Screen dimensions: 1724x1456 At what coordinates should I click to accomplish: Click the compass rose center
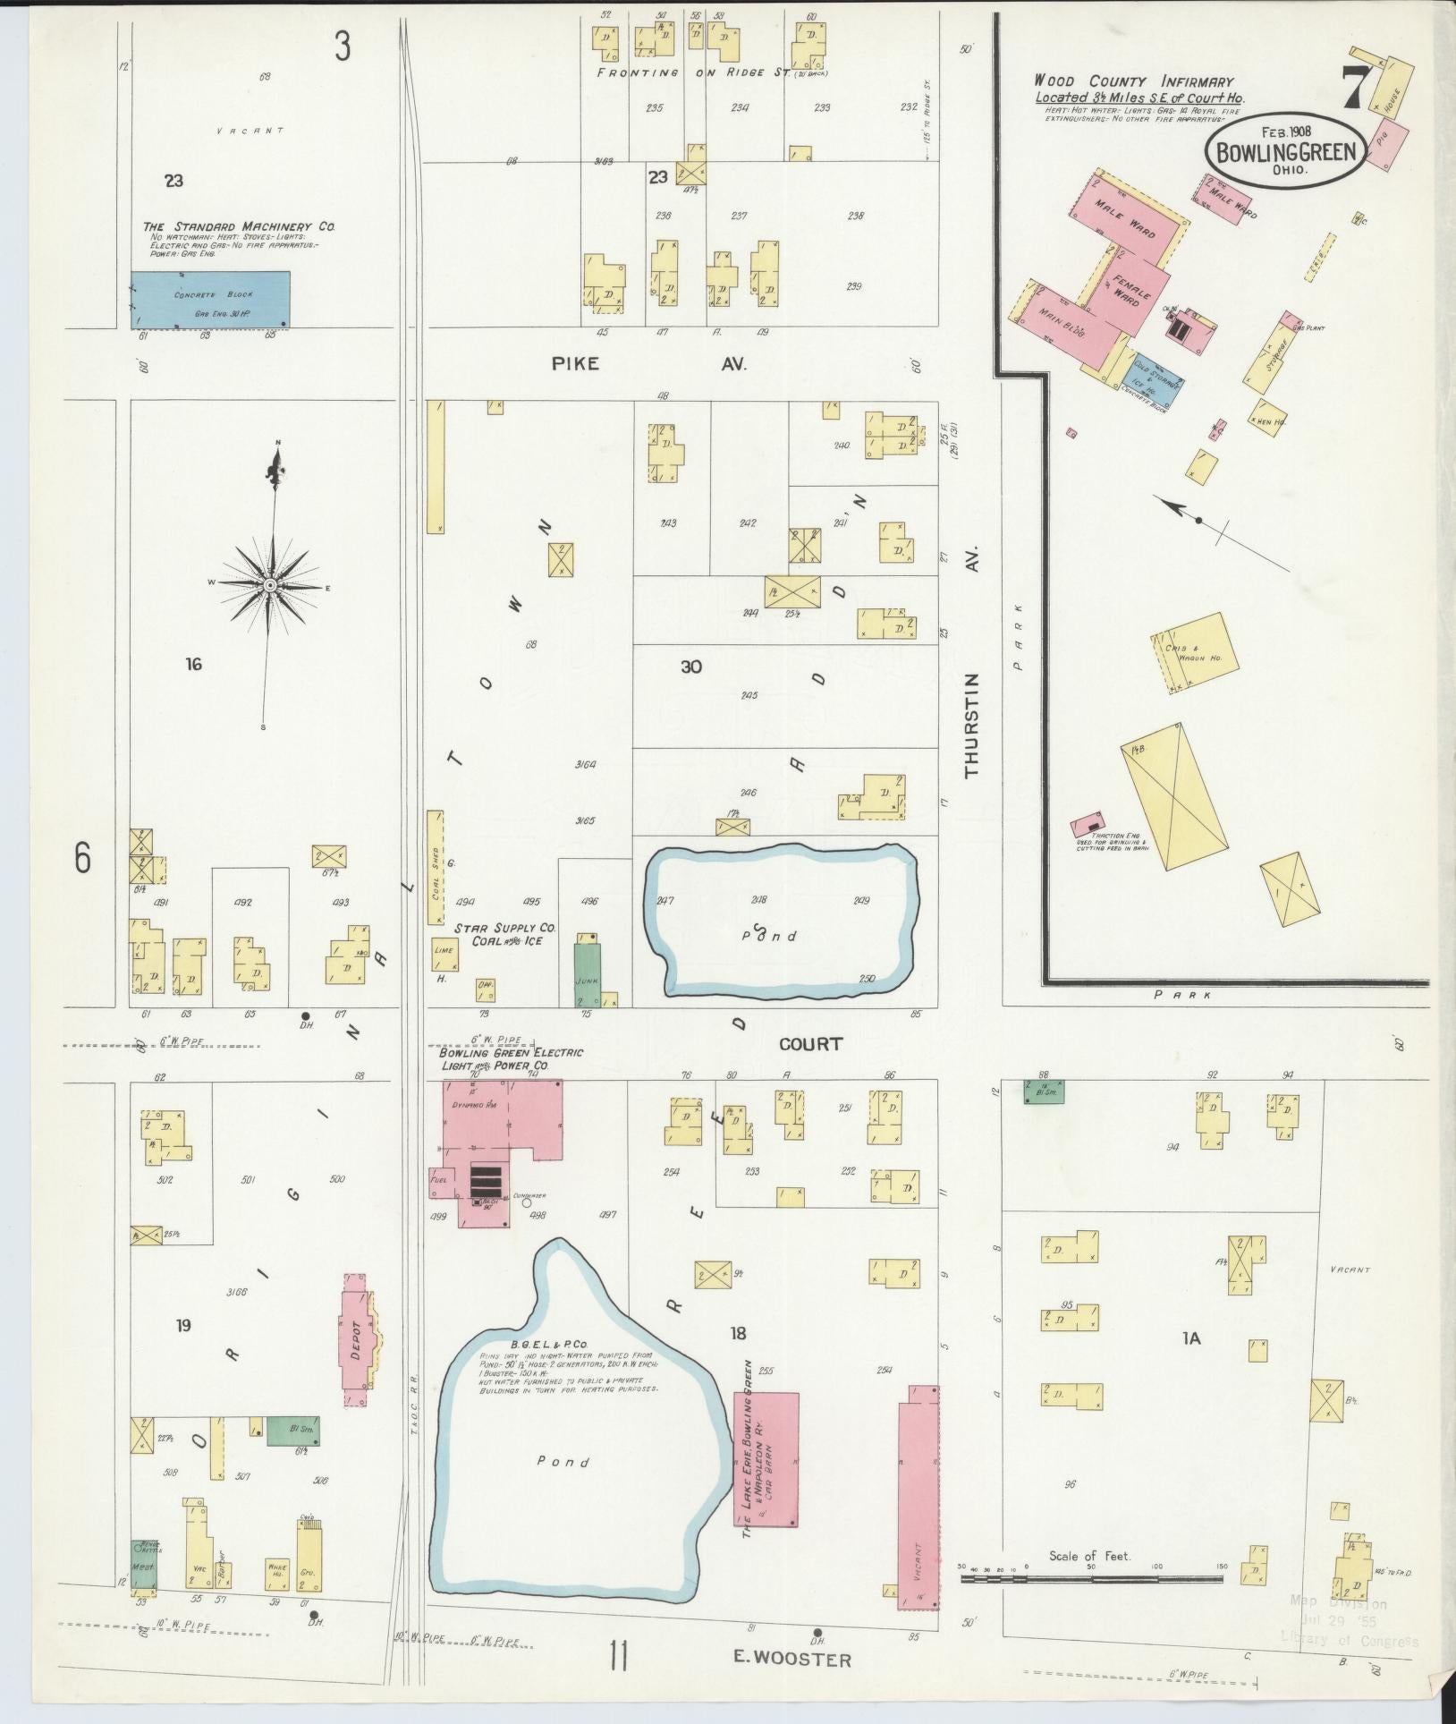269,584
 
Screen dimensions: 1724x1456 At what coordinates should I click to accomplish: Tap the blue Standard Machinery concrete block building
211,299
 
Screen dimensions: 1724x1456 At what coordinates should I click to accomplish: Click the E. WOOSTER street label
792,1659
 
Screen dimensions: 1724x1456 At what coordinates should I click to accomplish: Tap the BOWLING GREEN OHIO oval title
1285,151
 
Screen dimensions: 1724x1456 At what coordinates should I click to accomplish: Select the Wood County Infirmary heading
1133,81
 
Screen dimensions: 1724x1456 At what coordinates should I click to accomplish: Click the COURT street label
810,1043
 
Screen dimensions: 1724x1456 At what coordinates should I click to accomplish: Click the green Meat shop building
143,1566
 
